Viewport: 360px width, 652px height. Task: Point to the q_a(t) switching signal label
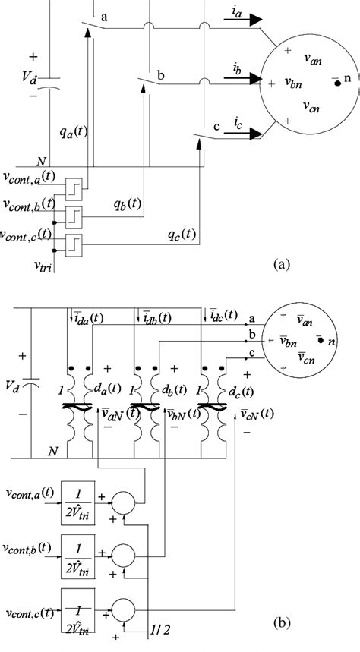[x=73, y=130]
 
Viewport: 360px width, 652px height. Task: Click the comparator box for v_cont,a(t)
[x=74, y=187]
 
